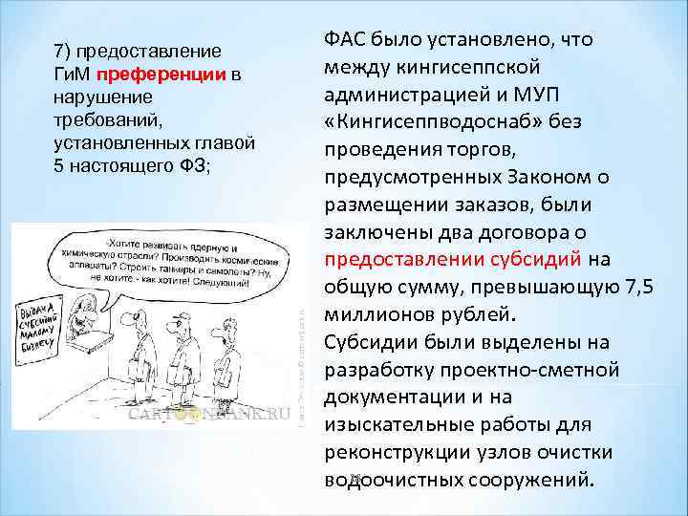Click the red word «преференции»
[x=176, y=75]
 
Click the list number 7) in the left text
[x=61, y=52]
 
